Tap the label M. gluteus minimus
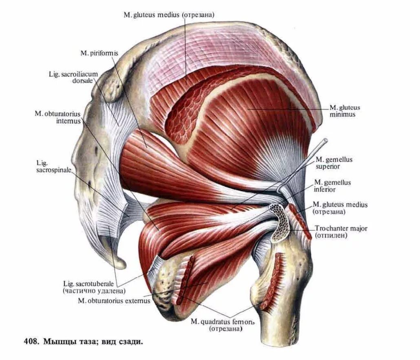point(345,111)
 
